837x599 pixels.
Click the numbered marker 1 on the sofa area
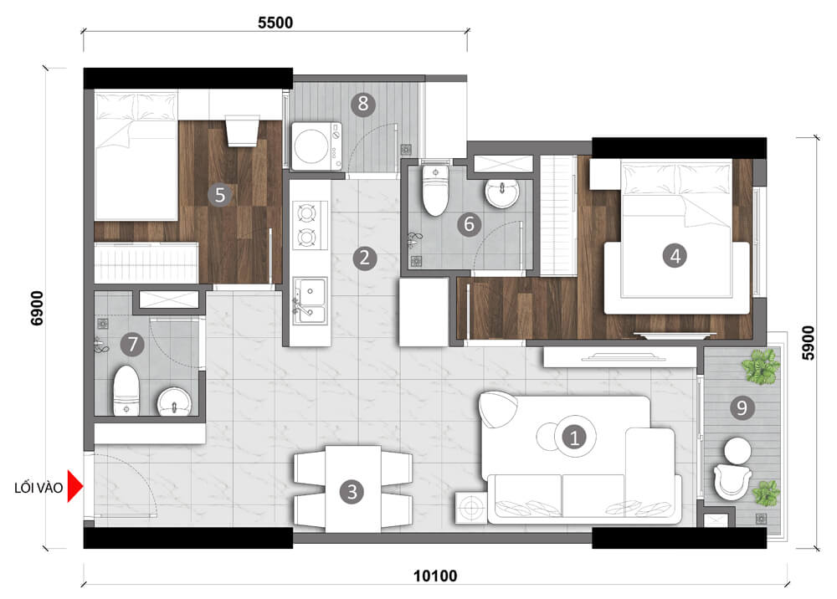pos(574,436)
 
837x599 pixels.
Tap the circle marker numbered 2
pos(362,257)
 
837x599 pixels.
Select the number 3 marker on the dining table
pos(352,491)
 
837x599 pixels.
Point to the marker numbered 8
pos(362,104)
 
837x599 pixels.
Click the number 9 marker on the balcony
pos(741,407)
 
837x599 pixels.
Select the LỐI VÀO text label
pos(38,488)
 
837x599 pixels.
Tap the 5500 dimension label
pos(275,23)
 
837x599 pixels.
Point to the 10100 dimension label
pos(435,576)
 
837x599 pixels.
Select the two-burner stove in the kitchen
pos(306,226)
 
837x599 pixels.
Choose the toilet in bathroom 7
pos(126,390)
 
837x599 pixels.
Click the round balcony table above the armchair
pos(737,450)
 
